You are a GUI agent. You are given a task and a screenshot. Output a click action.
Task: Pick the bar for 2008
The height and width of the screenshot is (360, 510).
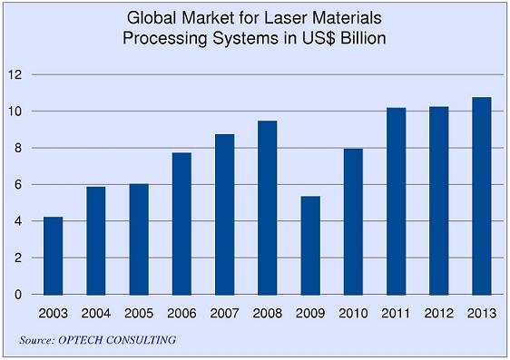coord(267,208)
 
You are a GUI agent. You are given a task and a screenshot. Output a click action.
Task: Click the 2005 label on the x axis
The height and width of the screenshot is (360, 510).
coord(139,314)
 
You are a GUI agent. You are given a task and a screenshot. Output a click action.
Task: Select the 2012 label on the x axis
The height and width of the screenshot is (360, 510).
coord(438,314)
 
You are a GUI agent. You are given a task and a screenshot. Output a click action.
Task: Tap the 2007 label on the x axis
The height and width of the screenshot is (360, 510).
coord(224,314)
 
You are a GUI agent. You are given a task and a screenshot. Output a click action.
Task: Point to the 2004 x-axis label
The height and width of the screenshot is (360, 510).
coord(95,314)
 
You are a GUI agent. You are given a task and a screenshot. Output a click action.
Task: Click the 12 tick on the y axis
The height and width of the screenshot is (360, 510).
coord(13,74)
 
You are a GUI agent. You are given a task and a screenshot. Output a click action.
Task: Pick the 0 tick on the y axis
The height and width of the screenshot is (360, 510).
coord(16,295)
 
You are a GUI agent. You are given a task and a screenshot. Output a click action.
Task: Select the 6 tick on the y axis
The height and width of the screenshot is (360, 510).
coord(16,185)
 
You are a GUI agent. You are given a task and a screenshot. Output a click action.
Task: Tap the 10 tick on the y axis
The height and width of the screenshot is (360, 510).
coord(13,112)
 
